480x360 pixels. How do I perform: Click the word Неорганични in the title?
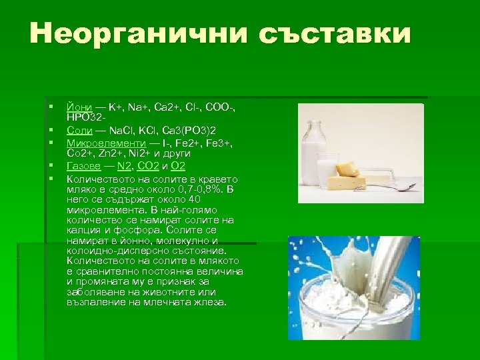[127, 34]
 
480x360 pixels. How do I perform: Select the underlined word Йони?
[78, 107]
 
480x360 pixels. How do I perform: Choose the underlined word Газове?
[84, 165]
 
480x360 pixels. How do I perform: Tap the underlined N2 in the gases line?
[123, 165]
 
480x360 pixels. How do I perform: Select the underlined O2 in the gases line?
[178, 165]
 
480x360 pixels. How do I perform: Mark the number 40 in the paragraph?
[194, 199]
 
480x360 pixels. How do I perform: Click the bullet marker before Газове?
[51, 165]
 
